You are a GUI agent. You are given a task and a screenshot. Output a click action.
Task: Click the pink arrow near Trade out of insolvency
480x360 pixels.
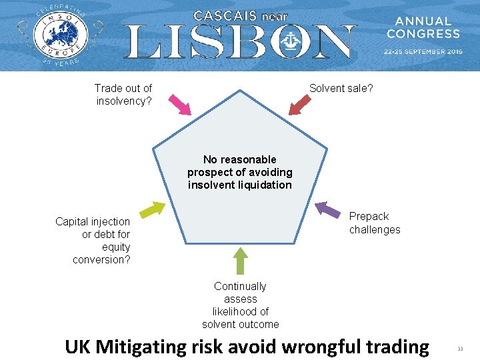point(179,104)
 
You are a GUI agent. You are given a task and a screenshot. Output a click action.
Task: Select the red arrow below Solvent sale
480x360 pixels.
point(300,105)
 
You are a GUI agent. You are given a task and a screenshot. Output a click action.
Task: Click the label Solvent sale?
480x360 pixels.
point(341,88)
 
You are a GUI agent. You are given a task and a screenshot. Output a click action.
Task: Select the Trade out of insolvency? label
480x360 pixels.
point(123,95)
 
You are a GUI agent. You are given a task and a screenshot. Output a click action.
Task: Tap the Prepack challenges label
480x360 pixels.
point(375,223)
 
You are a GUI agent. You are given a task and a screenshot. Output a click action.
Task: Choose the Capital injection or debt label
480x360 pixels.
point(93,240)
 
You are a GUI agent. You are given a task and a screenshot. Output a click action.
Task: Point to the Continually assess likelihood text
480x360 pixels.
point(241,305)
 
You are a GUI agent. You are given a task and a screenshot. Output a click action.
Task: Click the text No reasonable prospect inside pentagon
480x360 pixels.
point(240,172)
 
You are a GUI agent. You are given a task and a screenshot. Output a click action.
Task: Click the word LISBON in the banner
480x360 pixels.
point(240,42)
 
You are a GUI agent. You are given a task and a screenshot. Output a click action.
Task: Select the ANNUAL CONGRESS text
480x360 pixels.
point(423,27)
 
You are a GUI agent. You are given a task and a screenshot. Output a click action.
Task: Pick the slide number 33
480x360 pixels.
point(460,349)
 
